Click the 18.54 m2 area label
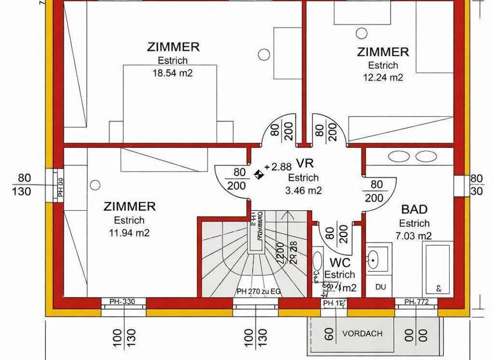173,73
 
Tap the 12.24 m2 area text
385,78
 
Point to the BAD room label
414,210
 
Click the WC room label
340,262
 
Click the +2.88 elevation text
278,166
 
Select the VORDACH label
362,333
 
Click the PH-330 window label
122,302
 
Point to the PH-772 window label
416,302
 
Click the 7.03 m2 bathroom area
414,236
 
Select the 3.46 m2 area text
303,190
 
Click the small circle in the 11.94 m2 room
95,185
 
